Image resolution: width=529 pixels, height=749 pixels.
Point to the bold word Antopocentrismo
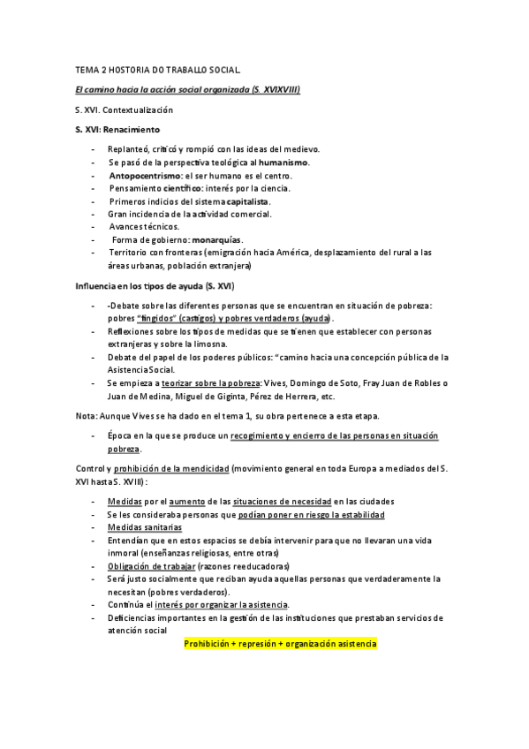pos(146,176)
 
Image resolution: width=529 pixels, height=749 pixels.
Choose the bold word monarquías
pos(216,239)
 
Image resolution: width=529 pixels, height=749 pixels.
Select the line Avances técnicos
pos(143,227)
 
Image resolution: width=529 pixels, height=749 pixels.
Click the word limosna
pos(208,344)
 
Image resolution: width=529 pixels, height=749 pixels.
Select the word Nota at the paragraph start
pos(86,416)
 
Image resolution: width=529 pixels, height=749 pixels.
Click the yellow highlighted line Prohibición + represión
pos(280,644)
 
